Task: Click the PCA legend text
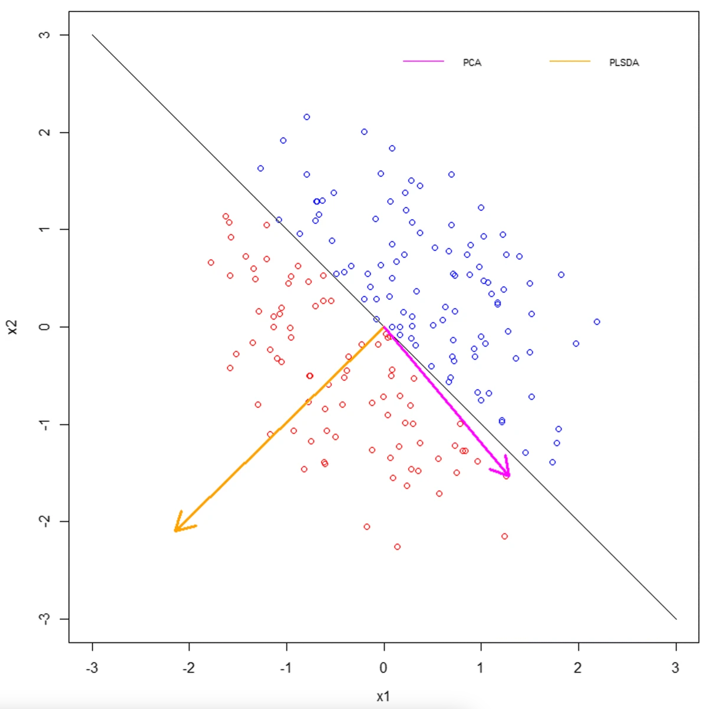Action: (472, 62)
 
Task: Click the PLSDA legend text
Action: (624, 62)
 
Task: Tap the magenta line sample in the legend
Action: (423, 61)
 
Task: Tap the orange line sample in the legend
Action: (570, 61)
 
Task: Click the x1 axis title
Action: (384, 696)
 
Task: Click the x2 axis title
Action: (13, 327)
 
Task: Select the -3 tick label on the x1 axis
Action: (91, 668)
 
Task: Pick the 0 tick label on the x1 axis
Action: (384, 668)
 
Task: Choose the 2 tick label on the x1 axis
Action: (578, 668)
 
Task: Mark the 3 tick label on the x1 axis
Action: (676, 668)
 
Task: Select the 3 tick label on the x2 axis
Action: (45, 35)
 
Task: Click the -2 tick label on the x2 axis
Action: (45, 521)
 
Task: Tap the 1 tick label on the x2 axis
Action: (45, 229)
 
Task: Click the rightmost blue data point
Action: (597, 322)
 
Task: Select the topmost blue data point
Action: (307, 117)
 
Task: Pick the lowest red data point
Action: (397, 547)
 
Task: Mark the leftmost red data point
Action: (211, 262)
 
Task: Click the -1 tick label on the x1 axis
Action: (286, 668)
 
